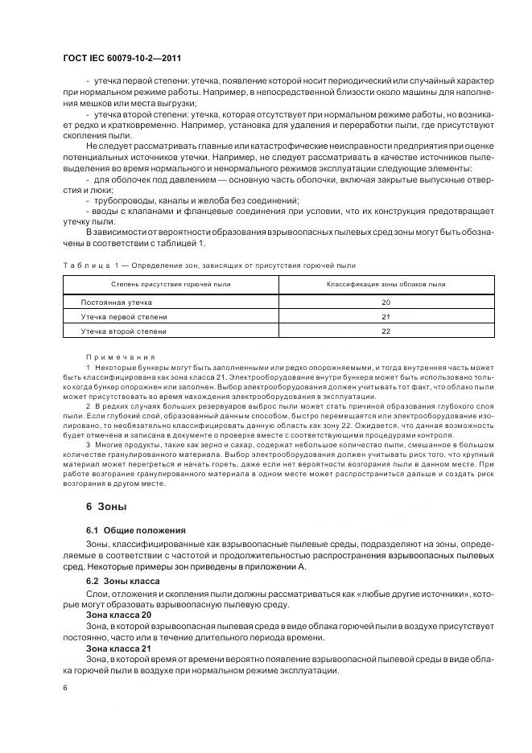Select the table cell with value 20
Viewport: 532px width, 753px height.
click(386, 302)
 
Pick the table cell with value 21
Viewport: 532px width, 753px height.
click(386, 316)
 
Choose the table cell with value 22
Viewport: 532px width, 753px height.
click(386, 331)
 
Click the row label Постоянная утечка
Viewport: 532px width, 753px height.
click(116, 302)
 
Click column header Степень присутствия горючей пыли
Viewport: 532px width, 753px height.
click(170, 284)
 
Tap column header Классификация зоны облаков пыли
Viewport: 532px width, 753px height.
click(386, 284)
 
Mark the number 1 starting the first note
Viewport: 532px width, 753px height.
click(87, 367)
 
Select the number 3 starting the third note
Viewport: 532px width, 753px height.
click(87, 444)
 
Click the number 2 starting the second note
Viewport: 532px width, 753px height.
click(87, 405)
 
